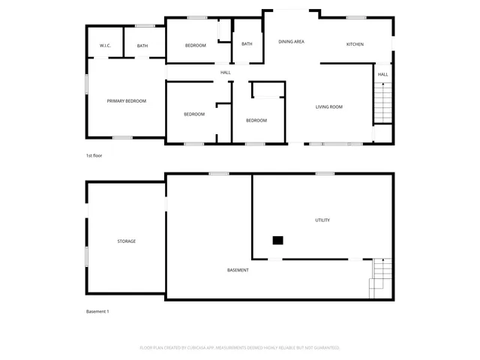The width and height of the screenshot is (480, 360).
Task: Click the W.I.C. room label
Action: tap(105, 46)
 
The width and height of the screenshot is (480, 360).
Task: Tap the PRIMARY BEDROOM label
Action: tap(126, 100)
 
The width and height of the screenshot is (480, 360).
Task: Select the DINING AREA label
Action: tap(291, 42)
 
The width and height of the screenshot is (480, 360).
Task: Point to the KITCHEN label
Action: tap(355, 44)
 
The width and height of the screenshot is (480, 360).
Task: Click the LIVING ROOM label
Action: tap(328, 107)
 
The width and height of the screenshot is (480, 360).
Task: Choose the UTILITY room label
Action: tap(322, 220)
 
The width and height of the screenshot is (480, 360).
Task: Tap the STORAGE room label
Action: tap(127, 241)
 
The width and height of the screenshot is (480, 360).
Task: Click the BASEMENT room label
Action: tap(238, 270)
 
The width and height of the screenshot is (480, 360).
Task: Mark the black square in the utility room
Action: tap(277, 240)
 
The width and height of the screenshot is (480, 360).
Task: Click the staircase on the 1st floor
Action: tap(382, 103)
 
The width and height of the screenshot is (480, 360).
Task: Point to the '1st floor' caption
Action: tap(94, 155)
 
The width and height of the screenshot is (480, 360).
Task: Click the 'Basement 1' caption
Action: tap(97, 311)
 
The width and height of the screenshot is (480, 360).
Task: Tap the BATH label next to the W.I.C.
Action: tap(142, 46)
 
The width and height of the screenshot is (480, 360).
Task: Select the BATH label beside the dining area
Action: tap(247, 43)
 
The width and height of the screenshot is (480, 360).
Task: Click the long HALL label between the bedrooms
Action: tap(225, 73)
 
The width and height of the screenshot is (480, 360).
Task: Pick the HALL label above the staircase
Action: tap(382, 74)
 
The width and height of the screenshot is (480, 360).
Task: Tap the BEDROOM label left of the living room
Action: tap(256, 120)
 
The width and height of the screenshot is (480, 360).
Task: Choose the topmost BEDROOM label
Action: tap(195, 46)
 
